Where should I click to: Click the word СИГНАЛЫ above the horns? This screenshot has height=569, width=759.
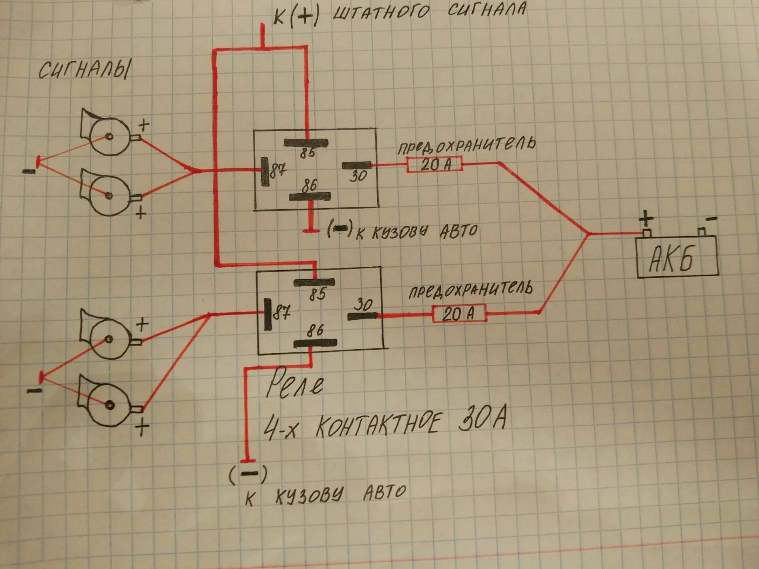(x=84, y=70)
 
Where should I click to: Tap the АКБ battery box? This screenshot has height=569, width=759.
(x=676, y=257)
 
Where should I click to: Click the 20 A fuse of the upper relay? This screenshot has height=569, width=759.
(x=435, y=164)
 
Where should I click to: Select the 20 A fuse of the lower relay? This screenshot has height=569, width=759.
(x=459, y=314)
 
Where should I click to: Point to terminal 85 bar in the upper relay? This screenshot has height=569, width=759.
(x=306, y=143)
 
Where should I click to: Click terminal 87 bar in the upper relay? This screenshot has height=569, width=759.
(x=264, y=171)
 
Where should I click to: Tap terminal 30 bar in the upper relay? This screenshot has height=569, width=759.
(x=357, y=166)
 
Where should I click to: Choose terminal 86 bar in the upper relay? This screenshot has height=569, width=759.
(x=310, y=196)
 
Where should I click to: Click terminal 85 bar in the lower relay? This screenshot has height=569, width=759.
(x=314, y=282)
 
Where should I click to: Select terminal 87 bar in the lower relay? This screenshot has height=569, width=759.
(x=268, y=314)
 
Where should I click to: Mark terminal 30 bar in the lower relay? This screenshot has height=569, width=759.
(x=363, y=316)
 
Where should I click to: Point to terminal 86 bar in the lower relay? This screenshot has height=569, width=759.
(x=315, y=343)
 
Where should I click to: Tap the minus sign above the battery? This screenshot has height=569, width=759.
(x=711, y=218)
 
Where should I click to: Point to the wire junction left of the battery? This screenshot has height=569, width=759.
(x=588, y=234)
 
